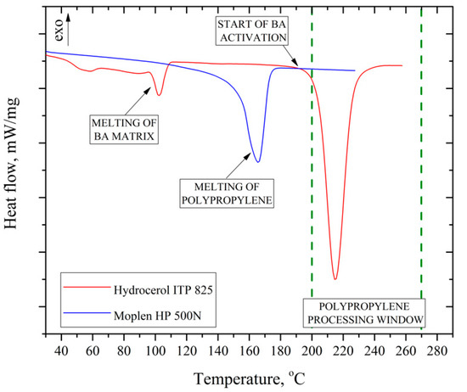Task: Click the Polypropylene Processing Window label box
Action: click(366, 311)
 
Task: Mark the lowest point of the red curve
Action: click(335, 278)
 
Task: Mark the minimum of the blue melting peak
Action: click(257, 161)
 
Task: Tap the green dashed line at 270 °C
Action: click(421, 170)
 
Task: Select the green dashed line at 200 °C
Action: click(312, 170)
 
